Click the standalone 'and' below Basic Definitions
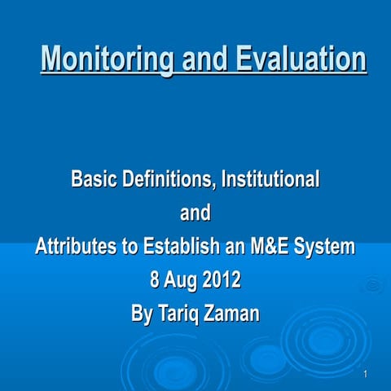pos(195,213)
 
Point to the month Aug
pos(180,281)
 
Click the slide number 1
pos(367,374)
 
